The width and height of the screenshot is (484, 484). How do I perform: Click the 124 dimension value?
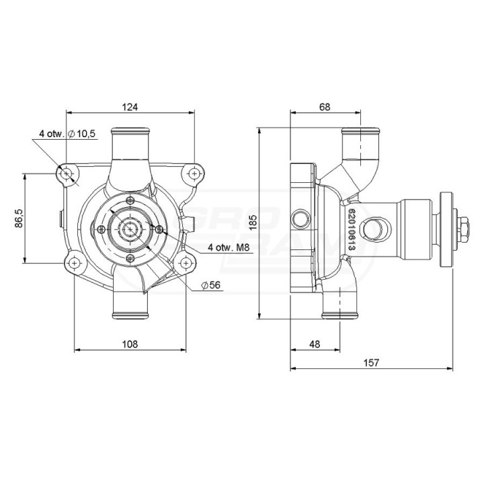coord(130,107)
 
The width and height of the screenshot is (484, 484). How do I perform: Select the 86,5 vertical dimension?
coord(19,218)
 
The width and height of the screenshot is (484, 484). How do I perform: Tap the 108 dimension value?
coord(130,344)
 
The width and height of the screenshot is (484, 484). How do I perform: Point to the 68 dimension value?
coord(325,107)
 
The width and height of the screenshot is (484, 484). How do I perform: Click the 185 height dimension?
coord(253,223)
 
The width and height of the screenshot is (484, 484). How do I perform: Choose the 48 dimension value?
coord(315,344)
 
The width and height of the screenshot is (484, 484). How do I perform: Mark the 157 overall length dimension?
coord(371,362)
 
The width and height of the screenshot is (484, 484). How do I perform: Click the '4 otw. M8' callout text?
coord(229,247)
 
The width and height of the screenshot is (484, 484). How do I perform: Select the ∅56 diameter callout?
coord(211,285)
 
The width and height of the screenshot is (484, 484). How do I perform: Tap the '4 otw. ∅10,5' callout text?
coord(67,134)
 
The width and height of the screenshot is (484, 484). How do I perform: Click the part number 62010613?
coord(352,227)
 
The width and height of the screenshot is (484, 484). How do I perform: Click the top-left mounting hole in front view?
coord(66,174)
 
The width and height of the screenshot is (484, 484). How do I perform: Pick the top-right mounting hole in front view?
coord(194,174)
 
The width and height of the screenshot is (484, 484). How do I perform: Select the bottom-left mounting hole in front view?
coord(74,263)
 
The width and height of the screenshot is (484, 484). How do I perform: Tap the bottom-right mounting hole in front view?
coord(186,263)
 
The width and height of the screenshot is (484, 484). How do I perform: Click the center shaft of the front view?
coord(130,229)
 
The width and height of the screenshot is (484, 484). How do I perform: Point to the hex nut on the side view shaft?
coord(464,229)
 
